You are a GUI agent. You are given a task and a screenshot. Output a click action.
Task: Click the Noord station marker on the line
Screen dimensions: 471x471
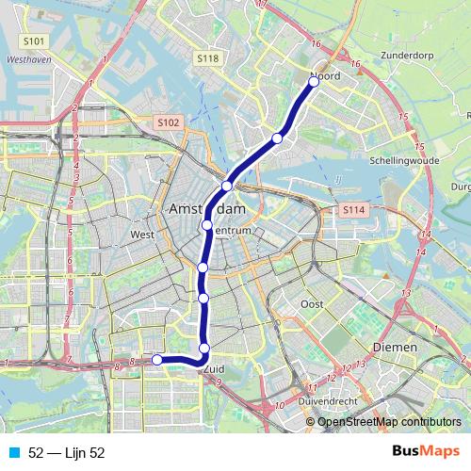pyautogui.click(x=314, y=81)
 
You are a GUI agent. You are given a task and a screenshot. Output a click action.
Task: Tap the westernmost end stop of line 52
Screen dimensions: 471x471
pyautogui.click(x=157, y=359)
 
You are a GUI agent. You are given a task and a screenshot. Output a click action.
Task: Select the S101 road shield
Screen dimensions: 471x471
pyautogui.click(x=34, y=41)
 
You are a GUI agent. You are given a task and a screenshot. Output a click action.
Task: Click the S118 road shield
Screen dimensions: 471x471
pyautogui.click(x=208, y=58)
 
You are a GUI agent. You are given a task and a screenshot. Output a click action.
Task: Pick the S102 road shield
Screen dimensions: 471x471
pyautogui.click(x=168, y=122)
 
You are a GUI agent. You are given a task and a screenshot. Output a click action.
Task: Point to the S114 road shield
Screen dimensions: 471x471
pyautogui.click(x=353, y=208)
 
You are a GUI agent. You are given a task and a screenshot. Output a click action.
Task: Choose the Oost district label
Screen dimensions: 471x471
pyautogui.click(x=312, y=304)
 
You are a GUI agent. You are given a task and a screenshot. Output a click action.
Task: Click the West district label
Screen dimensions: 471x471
pyautogui.click(x=142, y=235)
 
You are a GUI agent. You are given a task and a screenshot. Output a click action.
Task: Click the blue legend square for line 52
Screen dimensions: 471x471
pyautogui.click(x=15, y=453)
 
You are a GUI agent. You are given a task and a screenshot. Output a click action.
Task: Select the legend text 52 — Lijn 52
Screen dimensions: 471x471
pyautogui.click(x=67, y=453)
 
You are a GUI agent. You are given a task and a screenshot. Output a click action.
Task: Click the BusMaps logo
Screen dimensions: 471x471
pyautogui.click(x=425, y=452)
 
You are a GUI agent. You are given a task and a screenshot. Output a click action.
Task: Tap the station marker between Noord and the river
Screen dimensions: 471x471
pyautogui.click(x=277, y=138)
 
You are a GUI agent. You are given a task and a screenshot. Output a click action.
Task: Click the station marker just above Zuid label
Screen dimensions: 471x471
pyautogui.click(x=204, y=349)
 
